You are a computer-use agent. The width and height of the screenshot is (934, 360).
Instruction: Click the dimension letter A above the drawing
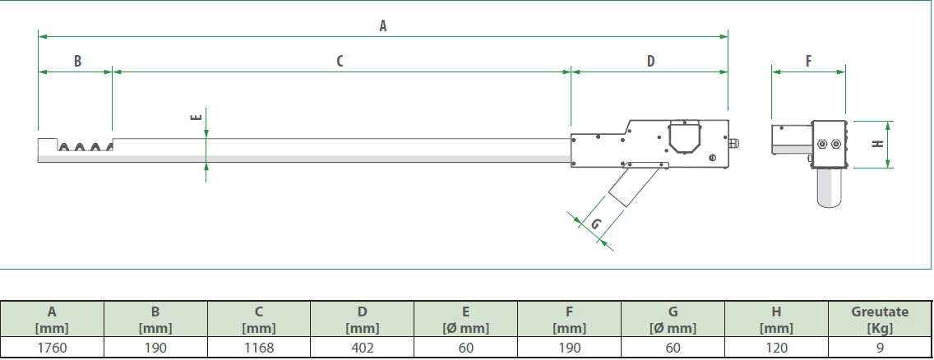point(383,25)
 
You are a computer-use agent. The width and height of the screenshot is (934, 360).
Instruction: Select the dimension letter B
point(77,61)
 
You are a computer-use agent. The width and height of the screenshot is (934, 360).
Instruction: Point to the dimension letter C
point(340,61)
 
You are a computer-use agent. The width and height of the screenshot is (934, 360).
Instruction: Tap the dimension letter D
point(650,61)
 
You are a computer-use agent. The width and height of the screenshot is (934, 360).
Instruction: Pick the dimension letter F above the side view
point(808,61)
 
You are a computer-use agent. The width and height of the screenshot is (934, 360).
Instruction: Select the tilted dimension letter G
point(595,224)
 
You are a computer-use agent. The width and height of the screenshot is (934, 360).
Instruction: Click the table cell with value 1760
point(52,348)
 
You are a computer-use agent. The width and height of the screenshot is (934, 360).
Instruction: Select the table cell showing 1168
point(259,348)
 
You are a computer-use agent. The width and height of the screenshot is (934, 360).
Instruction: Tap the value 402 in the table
point(362,348)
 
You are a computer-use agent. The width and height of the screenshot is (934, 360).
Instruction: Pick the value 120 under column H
point(776,348)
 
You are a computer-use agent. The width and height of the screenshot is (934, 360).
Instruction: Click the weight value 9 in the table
point(881,348)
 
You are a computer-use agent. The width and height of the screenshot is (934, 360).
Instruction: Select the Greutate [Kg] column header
point(881,320)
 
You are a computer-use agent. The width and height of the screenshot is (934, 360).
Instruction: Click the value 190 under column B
point(155,348)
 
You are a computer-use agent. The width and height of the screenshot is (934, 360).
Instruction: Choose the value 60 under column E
point(466,348)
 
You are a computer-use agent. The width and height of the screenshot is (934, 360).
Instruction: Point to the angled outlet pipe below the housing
point(633,187)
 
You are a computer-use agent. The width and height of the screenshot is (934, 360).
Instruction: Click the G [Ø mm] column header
point(673,320)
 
